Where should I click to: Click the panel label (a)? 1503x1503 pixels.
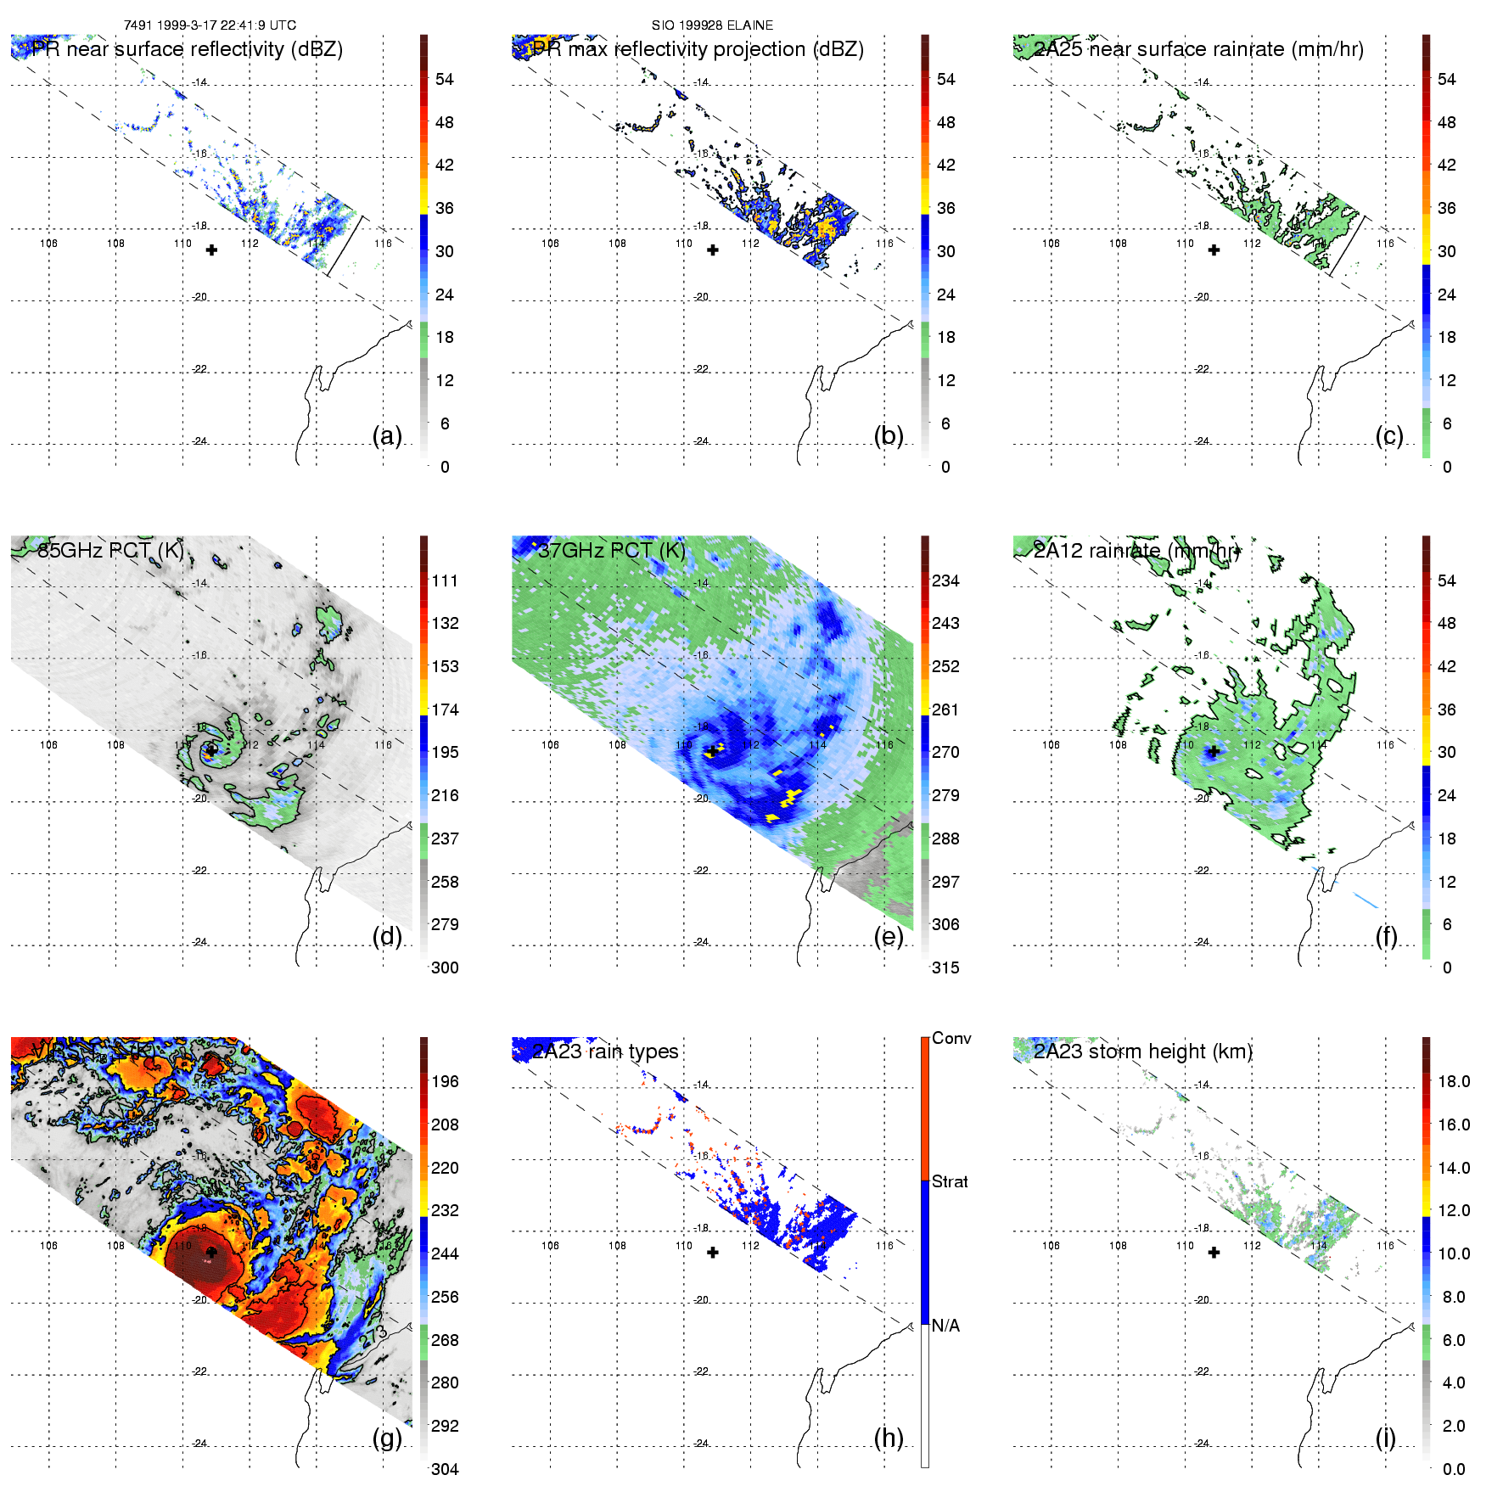386,435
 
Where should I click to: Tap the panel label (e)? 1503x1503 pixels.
888,936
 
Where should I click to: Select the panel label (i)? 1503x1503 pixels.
1385,1438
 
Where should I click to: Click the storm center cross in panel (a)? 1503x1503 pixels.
211,250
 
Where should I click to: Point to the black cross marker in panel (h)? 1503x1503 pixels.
713,1252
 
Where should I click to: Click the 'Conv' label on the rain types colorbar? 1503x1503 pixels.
951,1038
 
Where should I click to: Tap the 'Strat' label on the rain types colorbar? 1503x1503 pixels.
950,1181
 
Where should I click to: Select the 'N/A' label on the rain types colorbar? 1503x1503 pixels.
945,1326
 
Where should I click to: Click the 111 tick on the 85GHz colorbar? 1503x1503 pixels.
445,580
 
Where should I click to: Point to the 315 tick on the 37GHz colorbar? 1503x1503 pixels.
945,967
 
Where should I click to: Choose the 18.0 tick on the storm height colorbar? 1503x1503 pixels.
1453,1081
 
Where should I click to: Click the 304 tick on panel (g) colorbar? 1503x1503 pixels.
445,1469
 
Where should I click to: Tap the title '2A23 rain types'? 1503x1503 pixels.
605,1052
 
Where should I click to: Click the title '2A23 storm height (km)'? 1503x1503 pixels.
1142,1052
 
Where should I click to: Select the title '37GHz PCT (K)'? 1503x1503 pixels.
611,550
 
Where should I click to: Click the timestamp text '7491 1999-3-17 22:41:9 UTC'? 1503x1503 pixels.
210,25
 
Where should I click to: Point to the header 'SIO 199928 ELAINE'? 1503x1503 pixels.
712,25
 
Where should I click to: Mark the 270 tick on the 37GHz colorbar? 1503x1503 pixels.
945,752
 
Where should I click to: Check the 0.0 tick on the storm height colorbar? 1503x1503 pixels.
1453,1469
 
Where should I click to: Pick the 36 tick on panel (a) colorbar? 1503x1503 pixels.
445,208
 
